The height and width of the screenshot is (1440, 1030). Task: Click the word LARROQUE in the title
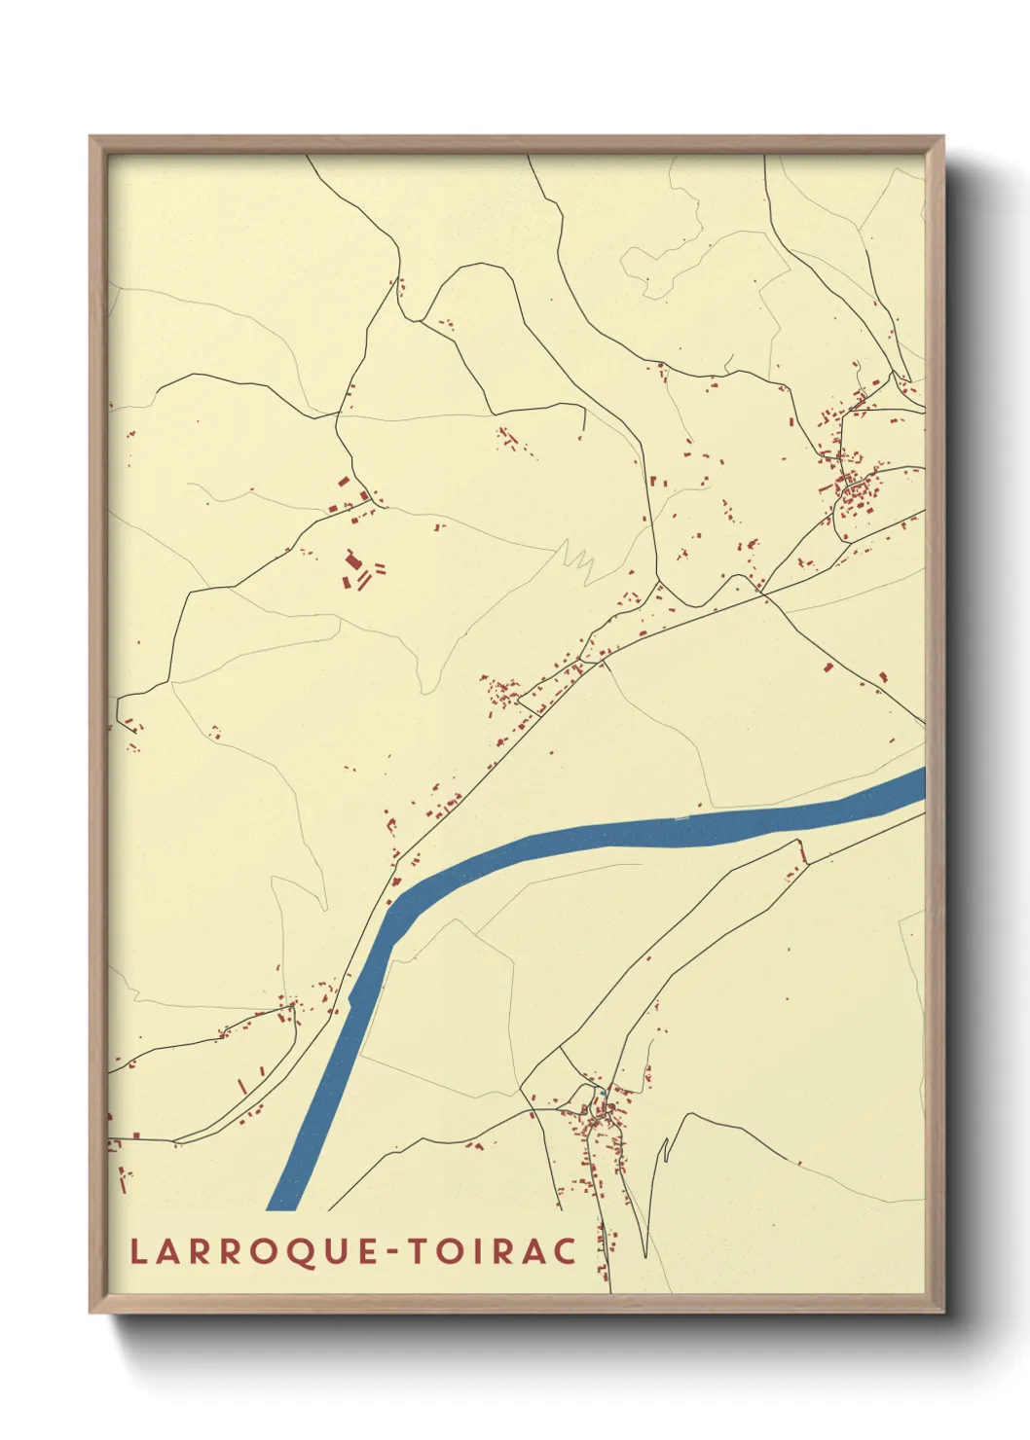coord(256,1251)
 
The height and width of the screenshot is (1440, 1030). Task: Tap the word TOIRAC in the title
coord(493,1251)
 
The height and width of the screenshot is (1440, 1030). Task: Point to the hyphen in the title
coord(392,1252)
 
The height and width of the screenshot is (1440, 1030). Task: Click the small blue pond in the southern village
coord(603,1095)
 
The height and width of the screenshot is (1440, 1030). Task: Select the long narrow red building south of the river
coord(803,851)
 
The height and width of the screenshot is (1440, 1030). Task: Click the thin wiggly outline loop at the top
coord(662,263)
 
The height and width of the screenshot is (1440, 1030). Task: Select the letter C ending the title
coord(566,1251)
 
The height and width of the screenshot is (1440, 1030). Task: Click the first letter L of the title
coord(137,1251)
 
